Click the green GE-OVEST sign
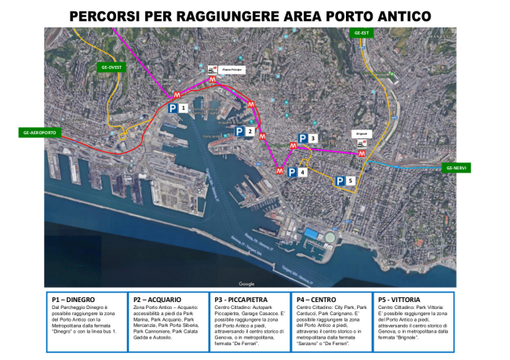coord(109,67)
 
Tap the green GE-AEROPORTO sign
coord(38,133)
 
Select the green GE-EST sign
coord(362,33)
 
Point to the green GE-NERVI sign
coord(457,168)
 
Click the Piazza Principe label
coord(233,69)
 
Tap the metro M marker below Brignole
coord(361,154)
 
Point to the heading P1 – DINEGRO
coord(73,300)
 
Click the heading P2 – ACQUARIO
coord(157,300)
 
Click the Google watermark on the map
coord(246,283)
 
